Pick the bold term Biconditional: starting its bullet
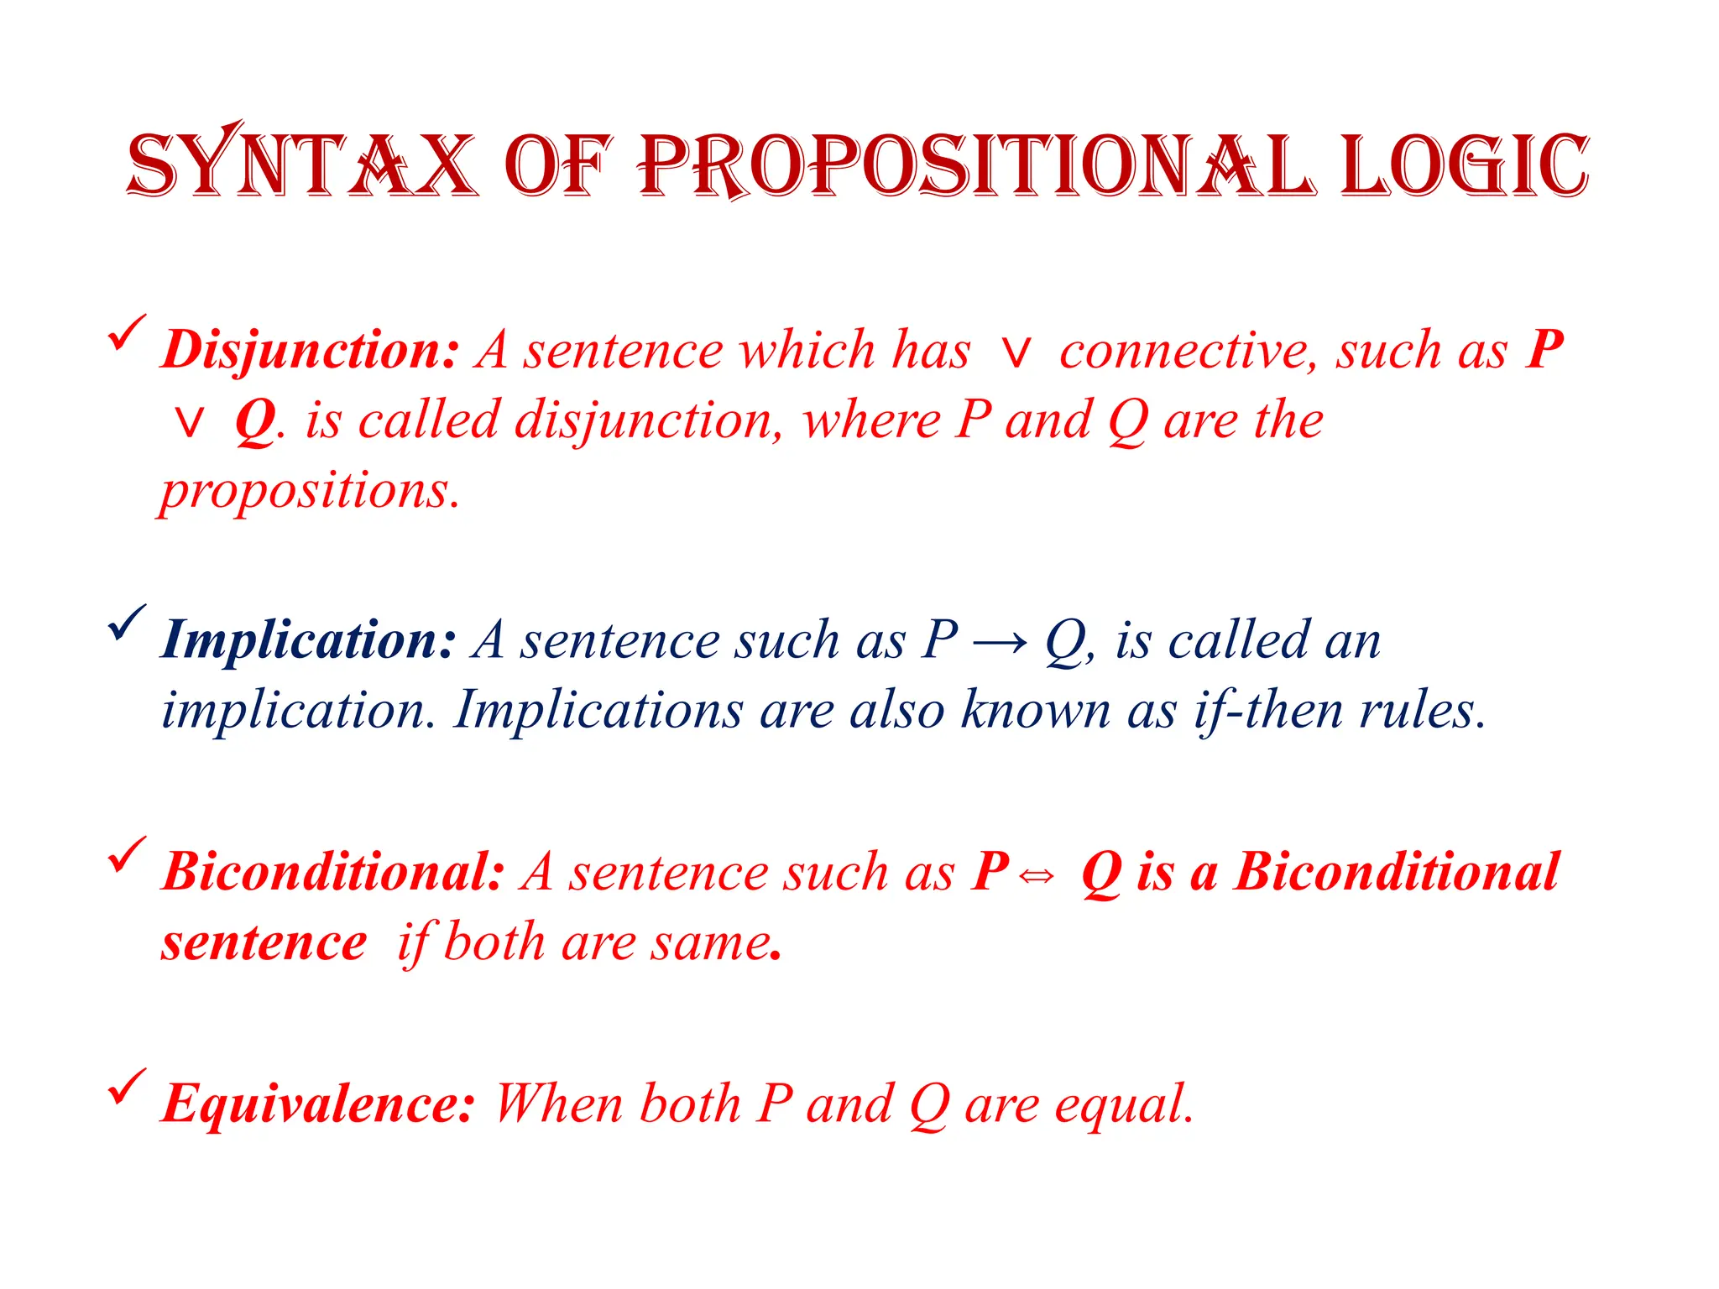pyautogui.click(x=333, y=872)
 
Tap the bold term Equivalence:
pyautogui.click(x=318, y=1104)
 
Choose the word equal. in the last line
pyautogui.click(x=1124, y=1105)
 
